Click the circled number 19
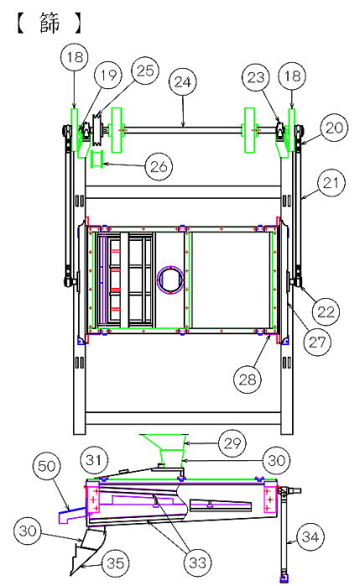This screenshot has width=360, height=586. pyautogui.click(x=108, y=75)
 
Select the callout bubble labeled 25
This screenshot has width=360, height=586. pyautogui.click(x=145, y=71)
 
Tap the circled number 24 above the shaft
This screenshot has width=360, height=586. pyautogui.click(x=183, y=81)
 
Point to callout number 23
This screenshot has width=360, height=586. pyautogui.click(x=256, y=77)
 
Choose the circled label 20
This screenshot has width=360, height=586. pyautogui.click(x=334, y=128)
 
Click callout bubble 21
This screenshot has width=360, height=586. pyautogui.click(x=331, y=183)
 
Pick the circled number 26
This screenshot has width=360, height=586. pyautogui.click(x=159, y=166)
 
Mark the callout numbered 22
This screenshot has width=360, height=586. pyautogui.click(x=326, y=311)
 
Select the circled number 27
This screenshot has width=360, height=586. pyautogui.click(x=317, y=342)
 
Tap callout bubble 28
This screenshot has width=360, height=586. pyautogui.click(x=248, y=379)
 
